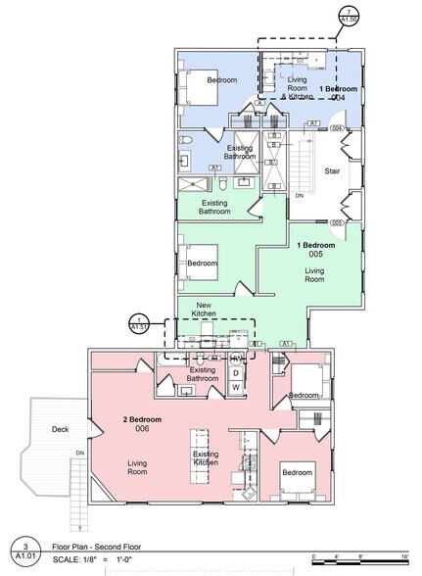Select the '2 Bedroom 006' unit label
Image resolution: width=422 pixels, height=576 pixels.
click(143, 424)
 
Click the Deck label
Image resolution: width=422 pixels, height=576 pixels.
click(58, 429)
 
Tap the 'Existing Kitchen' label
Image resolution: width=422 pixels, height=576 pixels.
click(205, 459)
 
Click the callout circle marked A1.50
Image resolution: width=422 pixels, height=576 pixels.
click(347, 17)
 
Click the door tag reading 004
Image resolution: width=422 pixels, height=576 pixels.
click(336, 128)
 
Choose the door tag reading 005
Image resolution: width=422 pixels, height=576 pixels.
click(336, 223)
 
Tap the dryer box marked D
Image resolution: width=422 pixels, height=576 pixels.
click(236, 372)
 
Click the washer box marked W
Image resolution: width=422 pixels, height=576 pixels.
click(236, 387)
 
